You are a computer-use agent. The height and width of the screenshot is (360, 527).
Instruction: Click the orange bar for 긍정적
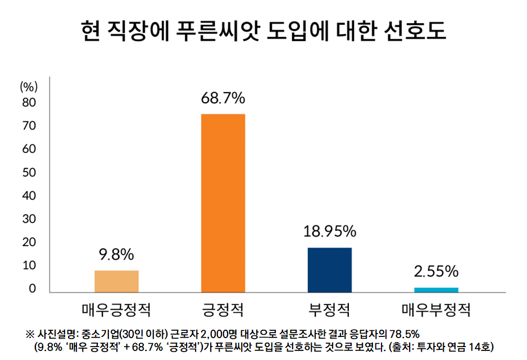click(223, 203)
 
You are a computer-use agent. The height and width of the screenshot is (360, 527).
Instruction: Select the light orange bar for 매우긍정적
click(116, 281)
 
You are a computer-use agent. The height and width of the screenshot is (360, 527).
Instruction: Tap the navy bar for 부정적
click(330, 270)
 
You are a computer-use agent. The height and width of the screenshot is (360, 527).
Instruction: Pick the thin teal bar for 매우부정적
click(437, 290)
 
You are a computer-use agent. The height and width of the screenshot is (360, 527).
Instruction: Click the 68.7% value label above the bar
click(223, 98)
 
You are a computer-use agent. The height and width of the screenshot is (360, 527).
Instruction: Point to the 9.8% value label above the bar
click(116, 254)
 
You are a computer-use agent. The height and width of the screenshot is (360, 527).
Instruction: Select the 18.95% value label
click(330, 231)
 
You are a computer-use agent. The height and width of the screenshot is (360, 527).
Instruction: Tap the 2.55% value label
click(437, 272)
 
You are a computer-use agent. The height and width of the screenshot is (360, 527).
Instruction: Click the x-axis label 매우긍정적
click(116, 309)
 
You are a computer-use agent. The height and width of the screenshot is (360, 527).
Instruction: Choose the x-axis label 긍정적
click(223, 309)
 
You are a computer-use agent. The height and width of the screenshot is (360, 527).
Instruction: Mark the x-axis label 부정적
click(330, 309)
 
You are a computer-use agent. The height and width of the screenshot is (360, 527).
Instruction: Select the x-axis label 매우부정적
click(437, 309)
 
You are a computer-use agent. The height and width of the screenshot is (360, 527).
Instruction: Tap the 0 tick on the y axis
click(33, 289)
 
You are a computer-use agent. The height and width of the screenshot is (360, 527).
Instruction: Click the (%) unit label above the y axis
click(29, 86)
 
